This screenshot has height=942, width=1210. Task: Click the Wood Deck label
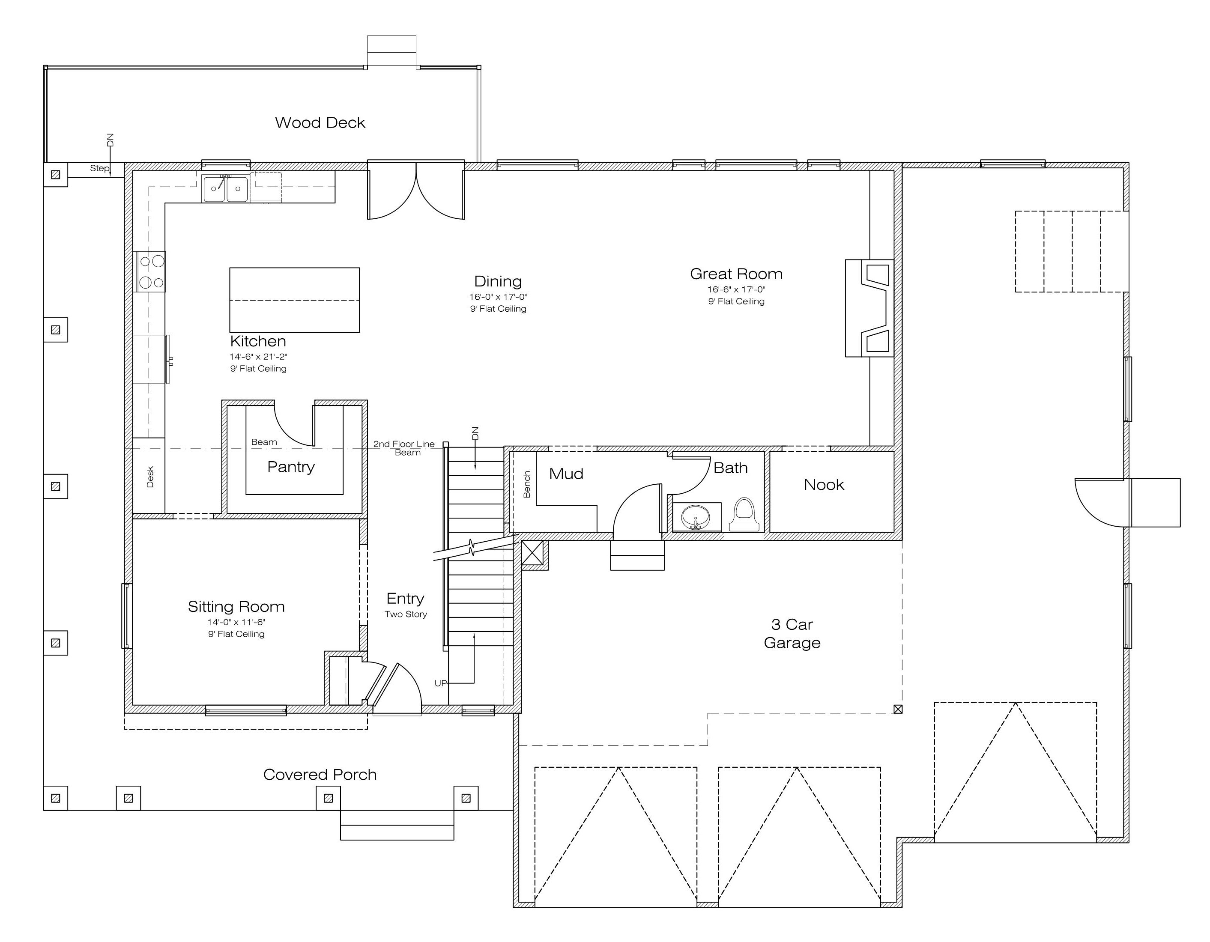tap(320, 122)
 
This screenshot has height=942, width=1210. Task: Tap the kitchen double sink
tap(225, 188)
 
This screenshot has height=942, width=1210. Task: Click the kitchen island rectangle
tap(294, 300)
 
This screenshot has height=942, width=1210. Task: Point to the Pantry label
tap(291, 467)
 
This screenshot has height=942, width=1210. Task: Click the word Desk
tap(149, 477)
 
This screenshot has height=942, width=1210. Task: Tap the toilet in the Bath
tap(744, 515)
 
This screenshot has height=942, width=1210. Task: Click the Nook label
tap(824, 485)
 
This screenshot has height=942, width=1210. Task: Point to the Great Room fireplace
tap(869, 308)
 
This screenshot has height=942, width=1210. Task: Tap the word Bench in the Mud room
tap(527, 484)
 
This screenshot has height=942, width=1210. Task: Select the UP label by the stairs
tap(440, 683)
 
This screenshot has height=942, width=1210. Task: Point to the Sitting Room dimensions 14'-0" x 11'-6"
tap(236, 622)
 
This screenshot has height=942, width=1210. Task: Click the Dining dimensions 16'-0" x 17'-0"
tap(498, 297)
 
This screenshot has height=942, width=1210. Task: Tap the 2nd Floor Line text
tap(404, 444)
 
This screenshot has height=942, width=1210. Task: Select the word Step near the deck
tap(100, 168)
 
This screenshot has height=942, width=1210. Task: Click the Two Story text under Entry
tap(406, 614)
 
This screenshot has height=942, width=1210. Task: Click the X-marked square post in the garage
tap(898, 709)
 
